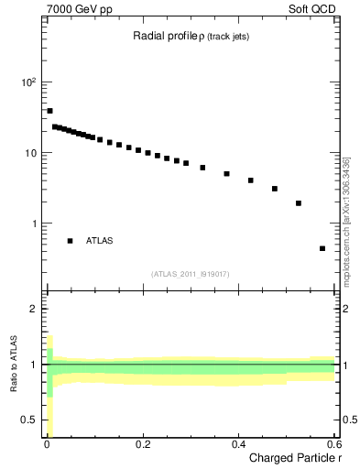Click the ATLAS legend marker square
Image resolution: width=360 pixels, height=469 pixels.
[x=70, y=241]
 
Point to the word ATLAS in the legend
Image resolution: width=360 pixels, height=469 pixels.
[x=100, y=241]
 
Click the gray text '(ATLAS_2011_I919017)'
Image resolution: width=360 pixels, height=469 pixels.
[x=191, y=274]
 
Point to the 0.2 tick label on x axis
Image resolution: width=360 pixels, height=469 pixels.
[x=142, y=445]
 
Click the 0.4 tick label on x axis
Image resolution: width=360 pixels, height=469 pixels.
[x=238, y=445]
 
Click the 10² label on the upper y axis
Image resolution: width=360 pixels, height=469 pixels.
[x=28, y=82]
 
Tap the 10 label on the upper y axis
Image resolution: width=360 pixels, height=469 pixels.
[x=30, y=153]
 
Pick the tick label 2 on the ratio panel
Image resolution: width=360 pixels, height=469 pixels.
[x=34, y=309]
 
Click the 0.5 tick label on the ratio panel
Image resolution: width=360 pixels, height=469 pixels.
[x=29, y=420]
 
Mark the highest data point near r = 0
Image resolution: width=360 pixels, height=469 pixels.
[x=49, y=111]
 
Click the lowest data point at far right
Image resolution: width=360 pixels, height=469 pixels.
[x=322, y=248]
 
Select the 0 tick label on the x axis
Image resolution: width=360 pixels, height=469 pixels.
[x=47, y=445]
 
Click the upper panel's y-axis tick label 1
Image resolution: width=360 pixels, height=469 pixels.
[x=34, y=224]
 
